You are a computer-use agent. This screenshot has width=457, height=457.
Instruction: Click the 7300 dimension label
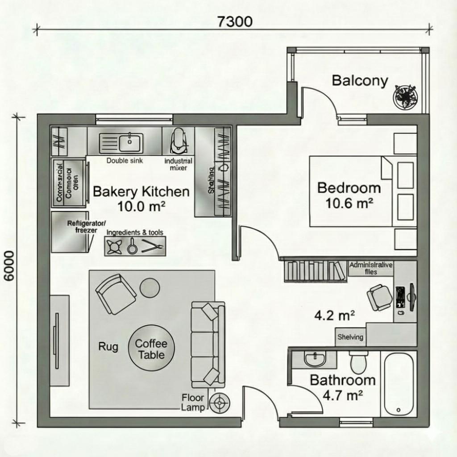[235, 21]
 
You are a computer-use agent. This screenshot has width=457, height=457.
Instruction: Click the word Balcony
[360, 81]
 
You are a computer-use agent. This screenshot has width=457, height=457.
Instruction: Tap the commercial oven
[69, 183]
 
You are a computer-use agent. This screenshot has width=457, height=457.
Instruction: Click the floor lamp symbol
[220, 403]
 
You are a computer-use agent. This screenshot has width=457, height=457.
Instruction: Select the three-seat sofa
[208, 344]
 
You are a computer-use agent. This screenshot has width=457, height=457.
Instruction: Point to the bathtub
[399, 383]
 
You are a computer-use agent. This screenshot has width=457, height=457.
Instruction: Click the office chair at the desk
[379, 297]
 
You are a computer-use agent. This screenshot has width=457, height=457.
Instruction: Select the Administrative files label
[370, 268]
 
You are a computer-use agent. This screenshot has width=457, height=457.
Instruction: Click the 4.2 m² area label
[334, 316]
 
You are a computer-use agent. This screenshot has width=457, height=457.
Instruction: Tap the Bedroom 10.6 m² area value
[349, 204]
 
